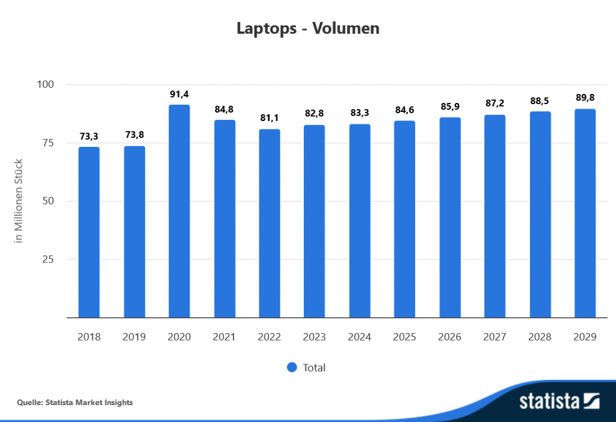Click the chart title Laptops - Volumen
pos(307,28)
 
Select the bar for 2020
pos(179,211)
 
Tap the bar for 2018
pos(89,232)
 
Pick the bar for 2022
pos(269,223)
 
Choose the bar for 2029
pos(585,213)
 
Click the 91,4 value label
pos(179,95)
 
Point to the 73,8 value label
pos(134,135)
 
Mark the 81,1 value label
pos(269,119)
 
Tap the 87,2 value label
pos(495,104)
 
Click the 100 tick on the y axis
pos(46,85)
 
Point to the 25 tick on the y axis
pos(49,259)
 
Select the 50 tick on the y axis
pos(49,201)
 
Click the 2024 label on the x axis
pos(360,337)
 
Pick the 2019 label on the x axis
pos(134,337)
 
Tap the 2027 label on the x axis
pos(495,337)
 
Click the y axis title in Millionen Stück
pos(19,200)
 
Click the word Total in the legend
pos(314,367)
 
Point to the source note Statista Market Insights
pos(75,402)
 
